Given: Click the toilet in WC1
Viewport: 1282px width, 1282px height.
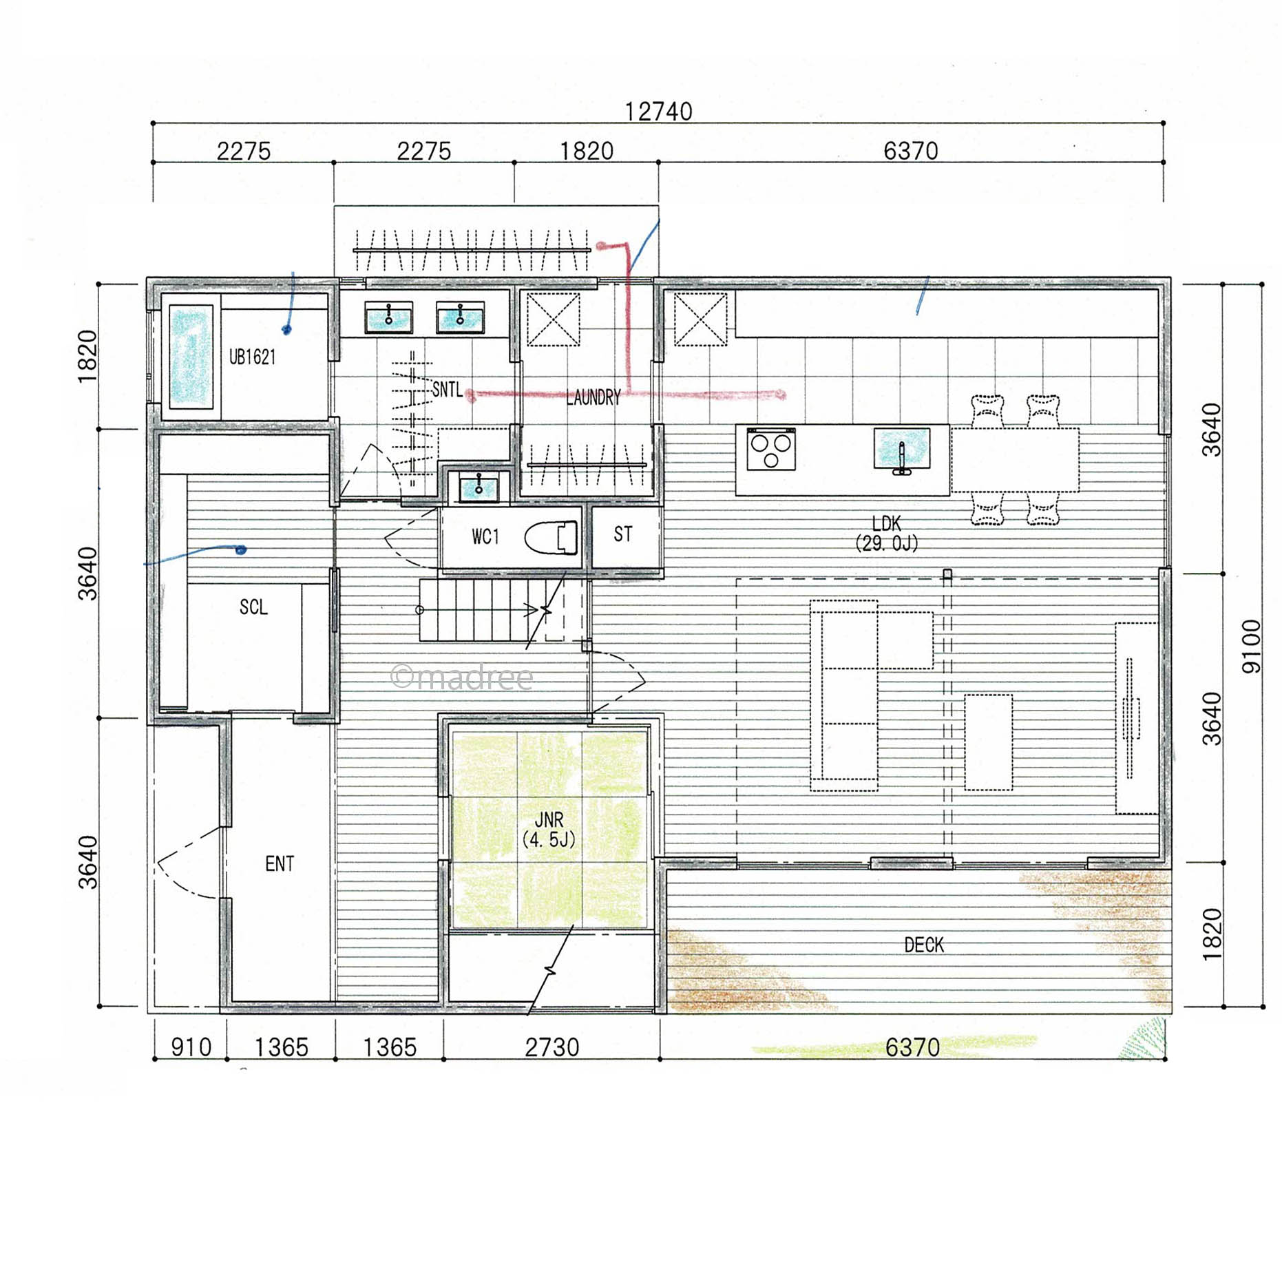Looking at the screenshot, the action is [x=551, y=538].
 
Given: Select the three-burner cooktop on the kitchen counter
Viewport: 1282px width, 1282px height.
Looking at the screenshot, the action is [x=771, y=449].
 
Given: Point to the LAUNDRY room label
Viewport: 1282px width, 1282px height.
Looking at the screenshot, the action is [x=593, y=397].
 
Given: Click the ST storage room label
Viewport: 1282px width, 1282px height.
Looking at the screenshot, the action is [x=623, y=534].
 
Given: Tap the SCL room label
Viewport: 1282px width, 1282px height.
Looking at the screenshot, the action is [x=253, y=607].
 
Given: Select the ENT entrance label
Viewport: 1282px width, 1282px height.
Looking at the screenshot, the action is [x=280, y=864].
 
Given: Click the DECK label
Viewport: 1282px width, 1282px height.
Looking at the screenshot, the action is [x=924, y=945].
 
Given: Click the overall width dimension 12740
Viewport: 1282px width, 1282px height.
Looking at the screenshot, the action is [x=658, y=112].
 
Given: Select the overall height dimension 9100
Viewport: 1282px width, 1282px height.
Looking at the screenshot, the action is [x=1252, y=647].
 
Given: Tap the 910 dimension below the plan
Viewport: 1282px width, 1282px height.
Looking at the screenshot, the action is [x=191, y=1047].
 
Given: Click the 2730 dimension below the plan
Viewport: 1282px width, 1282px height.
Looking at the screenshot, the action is [x=552, y=1047].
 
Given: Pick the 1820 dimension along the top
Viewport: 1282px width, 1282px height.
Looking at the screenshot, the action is [x=587, y=151].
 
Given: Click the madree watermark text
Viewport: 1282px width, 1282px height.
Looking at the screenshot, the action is [x=462, y=677].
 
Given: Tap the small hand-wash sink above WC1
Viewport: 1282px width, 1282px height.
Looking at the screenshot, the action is [x=479, y=487].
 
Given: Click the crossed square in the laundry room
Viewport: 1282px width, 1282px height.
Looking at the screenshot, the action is [x=553, y=319].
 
